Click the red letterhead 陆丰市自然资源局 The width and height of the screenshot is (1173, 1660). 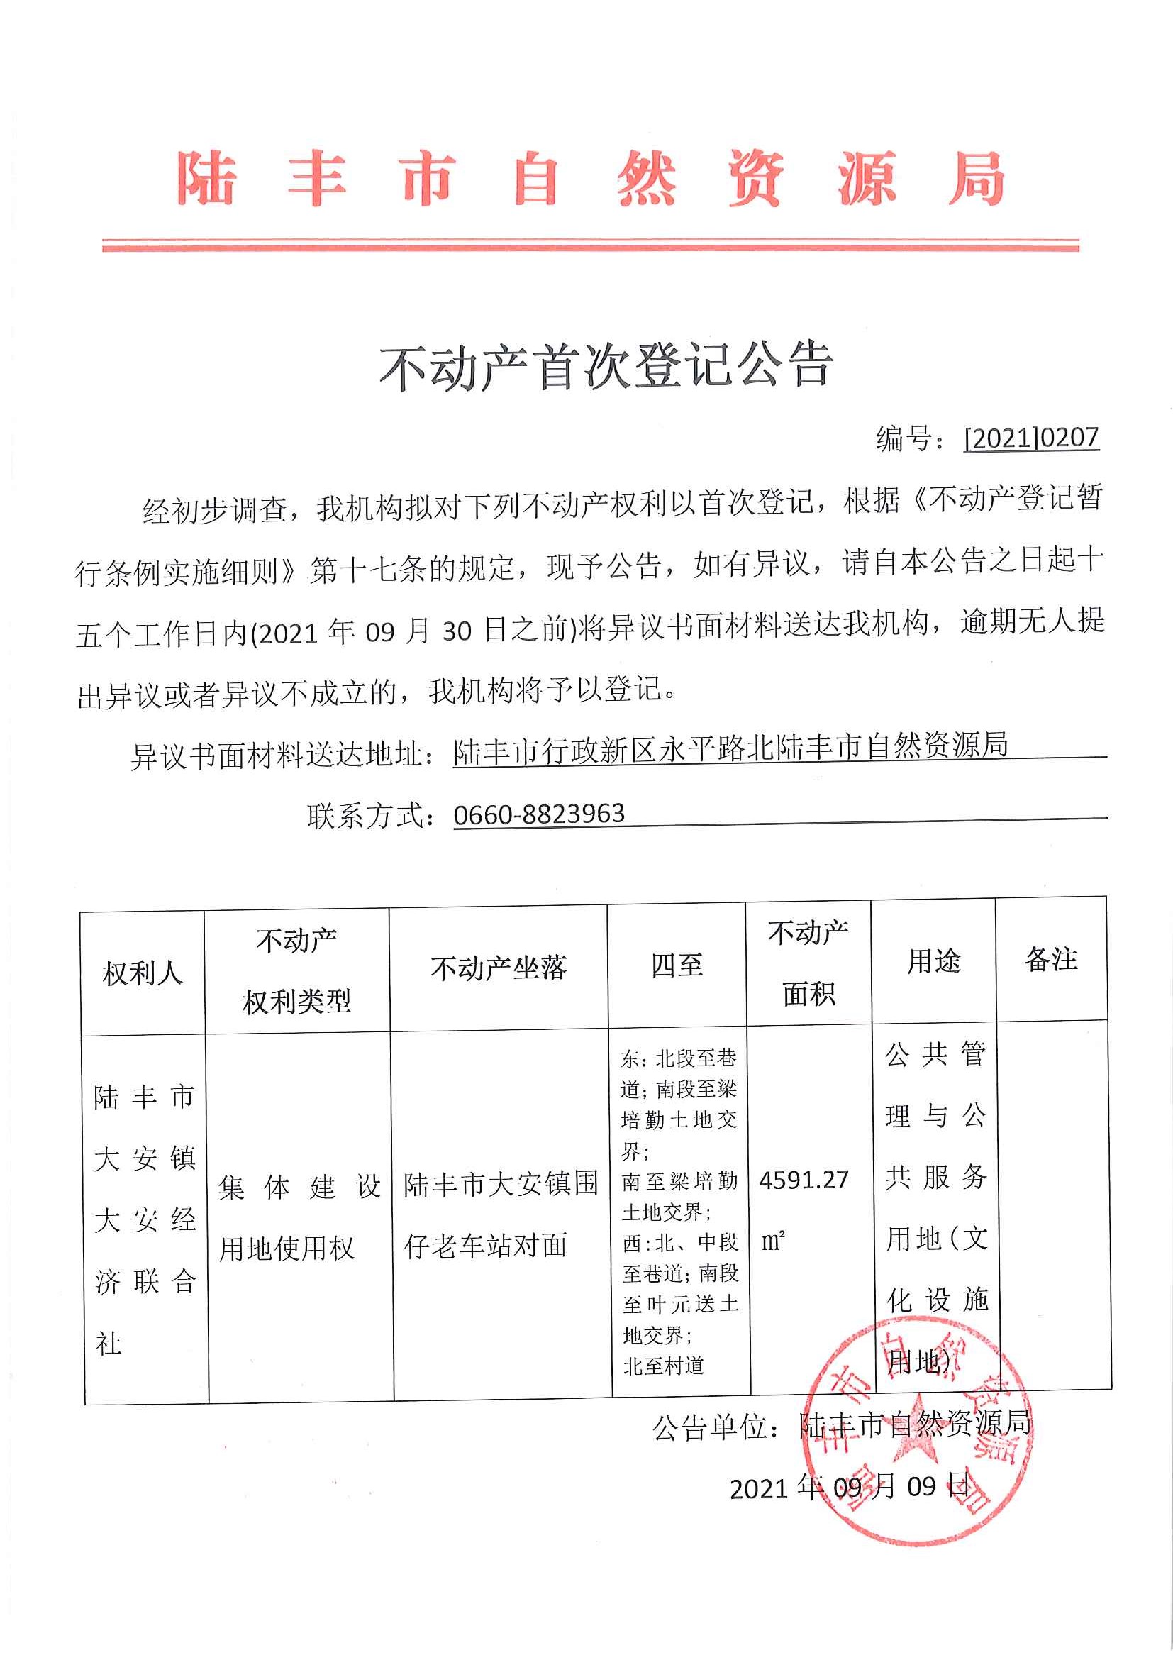[x=591, y=178]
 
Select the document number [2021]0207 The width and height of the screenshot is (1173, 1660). [x=1030, y=438]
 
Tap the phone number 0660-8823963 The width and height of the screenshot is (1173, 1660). [x=538, y=814]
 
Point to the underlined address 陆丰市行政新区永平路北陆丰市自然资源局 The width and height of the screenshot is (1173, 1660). [x=730, y=748]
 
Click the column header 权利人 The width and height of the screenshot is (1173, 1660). [x=143, y=973]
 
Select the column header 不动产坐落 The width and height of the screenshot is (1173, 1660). [x=498, y=968]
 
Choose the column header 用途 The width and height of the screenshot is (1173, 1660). [x=933, y=961]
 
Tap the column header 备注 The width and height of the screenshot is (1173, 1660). [x=1051, y=959]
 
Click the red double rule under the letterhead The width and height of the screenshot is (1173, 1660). [x=591, y=245]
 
